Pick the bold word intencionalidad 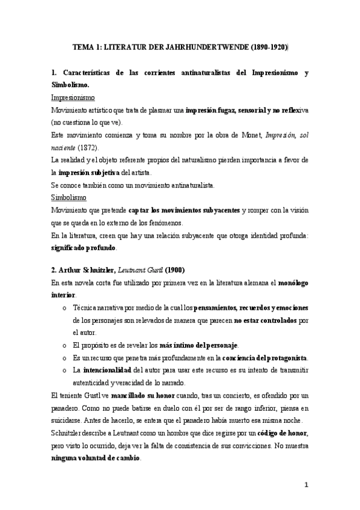pyautogui.click(x=106, y=369)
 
